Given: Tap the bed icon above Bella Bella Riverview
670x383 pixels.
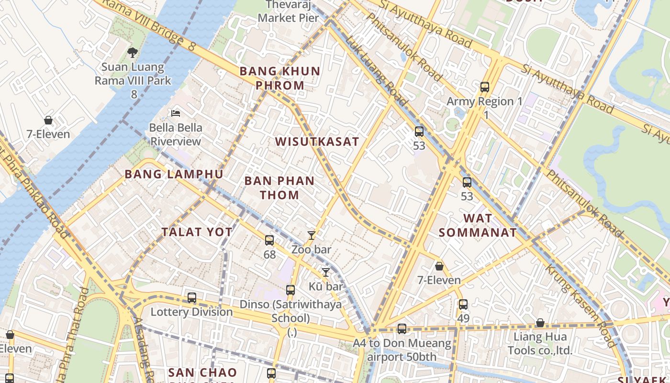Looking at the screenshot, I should tap(176, 113).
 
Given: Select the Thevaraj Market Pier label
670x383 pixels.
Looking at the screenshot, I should tap(288, 11).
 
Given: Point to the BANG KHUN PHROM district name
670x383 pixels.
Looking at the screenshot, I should tap(279, 78).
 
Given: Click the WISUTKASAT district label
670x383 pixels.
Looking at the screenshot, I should tap(317, 142).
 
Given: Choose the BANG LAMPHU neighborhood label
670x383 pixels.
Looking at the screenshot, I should tap(174, 174).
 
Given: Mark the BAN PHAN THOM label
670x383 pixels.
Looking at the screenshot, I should tap(279, 188).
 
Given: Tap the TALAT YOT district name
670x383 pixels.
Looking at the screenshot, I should tap(197, 232).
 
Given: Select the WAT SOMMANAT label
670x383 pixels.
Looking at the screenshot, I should tap(478, 225).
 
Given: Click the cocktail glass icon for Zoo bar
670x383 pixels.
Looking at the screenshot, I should tap(312, 235).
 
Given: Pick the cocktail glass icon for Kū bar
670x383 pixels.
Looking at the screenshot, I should tap(326, 272).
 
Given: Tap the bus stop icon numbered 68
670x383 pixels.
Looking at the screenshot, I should tap(269, 240).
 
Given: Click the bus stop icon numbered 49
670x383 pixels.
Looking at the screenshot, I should tap(463, 304).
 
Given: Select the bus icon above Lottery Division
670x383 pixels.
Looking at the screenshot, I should tap(192, 298).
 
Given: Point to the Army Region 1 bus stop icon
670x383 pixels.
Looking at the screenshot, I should tap(485, 87).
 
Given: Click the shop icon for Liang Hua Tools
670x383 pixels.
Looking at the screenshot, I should tap(540, 323).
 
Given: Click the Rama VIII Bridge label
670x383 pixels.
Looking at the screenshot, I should tap(148, 24).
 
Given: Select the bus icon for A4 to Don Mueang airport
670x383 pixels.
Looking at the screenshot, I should tap(402, 329).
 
